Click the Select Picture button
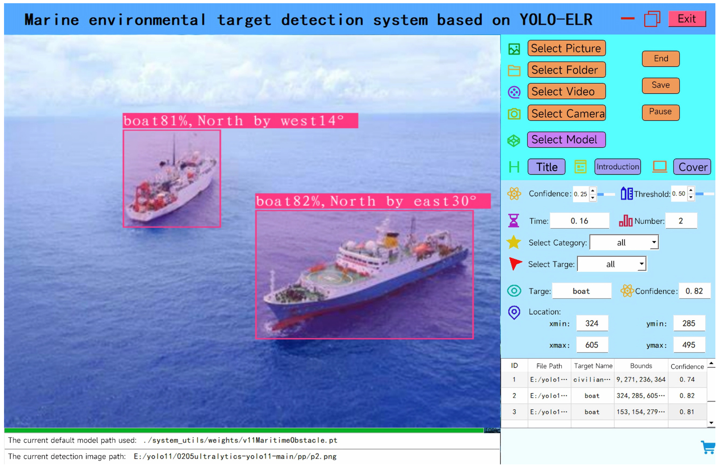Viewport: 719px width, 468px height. [x=566, y=48]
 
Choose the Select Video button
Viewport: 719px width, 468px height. [x=566, y=91]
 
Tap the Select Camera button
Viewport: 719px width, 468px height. [x=566, y=113]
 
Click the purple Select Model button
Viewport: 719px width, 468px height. [x=566, y=140]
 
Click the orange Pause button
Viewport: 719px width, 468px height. [x=661, y=112]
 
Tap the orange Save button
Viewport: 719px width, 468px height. [x=661, y=85]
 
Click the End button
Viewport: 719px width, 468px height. [x=661, y=59]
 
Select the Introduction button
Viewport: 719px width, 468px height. [x=618, y=167]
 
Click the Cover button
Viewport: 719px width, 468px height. [x=692, y=167]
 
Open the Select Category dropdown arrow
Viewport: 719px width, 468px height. [x=654, y=242]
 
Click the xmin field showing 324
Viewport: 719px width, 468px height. [x=592, y=323]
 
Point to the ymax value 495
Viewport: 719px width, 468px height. [x=689, y=345]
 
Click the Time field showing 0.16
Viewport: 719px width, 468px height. [x=579, y=221]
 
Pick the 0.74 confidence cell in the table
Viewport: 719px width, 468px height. [x=687, y=380]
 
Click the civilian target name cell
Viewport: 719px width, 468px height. [x=592, y=380]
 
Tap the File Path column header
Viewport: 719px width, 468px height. [x=549, y=366]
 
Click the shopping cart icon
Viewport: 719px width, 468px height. [x=708, y=447]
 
